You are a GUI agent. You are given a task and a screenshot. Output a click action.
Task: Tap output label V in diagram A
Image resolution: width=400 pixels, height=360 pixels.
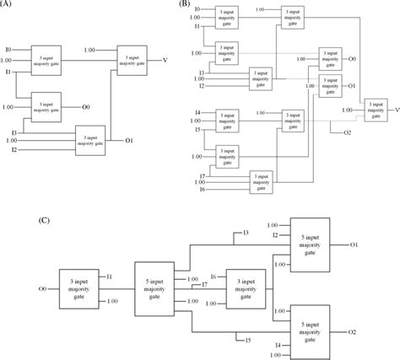point(164,59)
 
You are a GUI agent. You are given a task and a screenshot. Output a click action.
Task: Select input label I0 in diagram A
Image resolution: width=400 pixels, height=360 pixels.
point(8,51)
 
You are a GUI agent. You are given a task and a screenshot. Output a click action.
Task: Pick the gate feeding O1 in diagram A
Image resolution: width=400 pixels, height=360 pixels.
point(91,137)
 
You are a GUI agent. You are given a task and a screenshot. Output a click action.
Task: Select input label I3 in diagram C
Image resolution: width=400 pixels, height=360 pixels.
point(245,233)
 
